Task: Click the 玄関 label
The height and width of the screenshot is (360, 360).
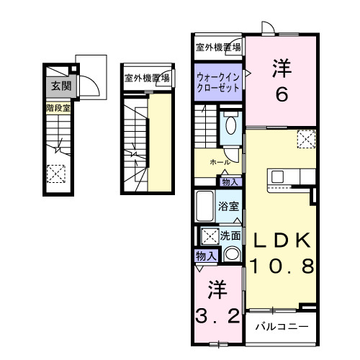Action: tap(57, 86)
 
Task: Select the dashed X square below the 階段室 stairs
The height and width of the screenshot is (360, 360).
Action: tap(55, 174)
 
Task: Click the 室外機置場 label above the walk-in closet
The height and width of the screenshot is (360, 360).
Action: tap(218, 48)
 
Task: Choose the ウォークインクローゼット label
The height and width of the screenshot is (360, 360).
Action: tap(219, 79)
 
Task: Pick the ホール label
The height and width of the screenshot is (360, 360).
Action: tap(220, 163)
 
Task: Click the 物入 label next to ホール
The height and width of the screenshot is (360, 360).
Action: tap(229, 181)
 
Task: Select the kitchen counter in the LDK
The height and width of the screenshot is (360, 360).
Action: tap(291, 176)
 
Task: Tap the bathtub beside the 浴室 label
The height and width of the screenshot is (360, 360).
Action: tap(204, 208)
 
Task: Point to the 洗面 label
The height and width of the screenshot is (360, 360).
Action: tap(230, 235)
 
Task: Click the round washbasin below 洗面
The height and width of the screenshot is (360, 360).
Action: tap(231, 254)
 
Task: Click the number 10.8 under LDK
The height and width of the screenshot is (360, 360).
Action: tap(282, 267)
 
